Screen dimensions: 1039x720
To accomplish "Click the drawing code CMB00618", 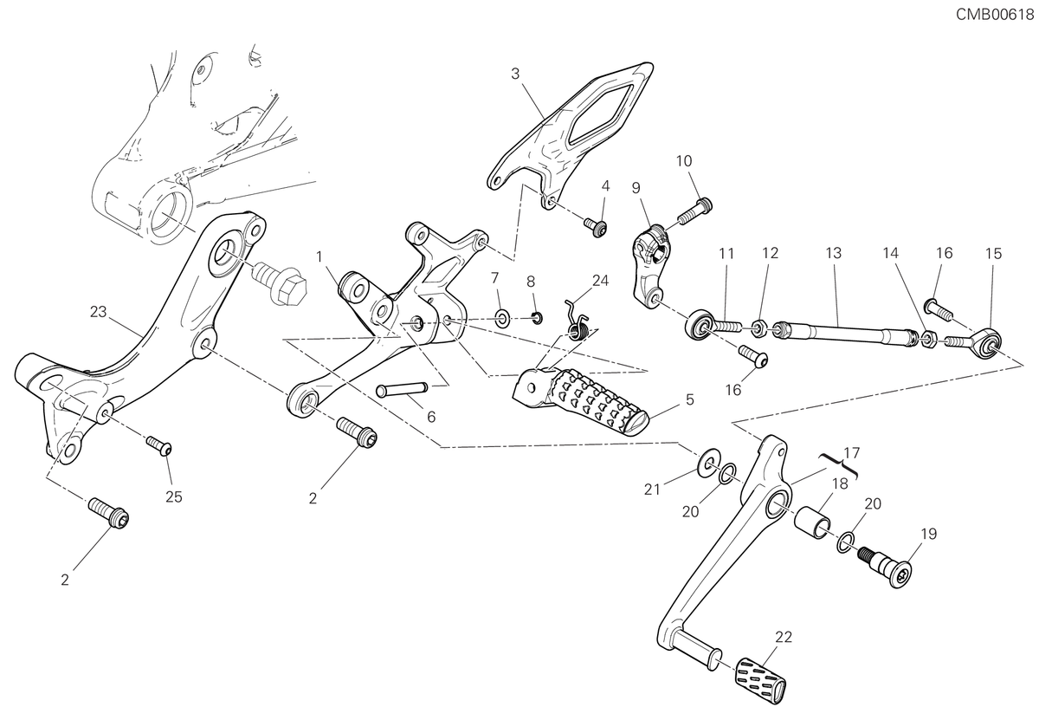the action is point(995,15).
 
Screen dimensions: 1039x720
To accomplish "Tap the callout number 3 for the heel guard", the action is point(515,74).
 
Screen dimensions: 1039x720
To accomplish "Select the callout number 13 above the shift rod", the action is point(834,253).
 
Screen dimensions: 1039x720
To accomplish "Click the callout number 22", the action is point(784,638).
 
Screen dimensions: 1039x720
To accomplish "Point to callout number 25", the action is point(174,497).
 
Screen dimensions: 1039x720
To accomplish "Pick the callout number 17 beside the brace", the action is point(852,452).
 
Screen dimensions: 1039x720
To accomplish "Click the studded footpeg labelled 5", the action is point(581,401).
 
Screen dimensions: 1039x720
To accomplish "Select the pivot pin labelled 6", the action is point(402,390).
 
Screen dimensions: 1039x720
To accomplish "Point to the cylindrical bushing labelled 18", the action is point(815,523).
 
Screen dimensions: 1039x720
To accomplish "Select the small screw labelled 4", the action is point(596,227).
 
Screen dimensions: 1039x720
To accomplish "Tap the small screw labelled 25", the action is point(159,445).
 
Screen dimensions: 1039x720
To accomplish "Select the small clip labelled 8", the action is point(537,319).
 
